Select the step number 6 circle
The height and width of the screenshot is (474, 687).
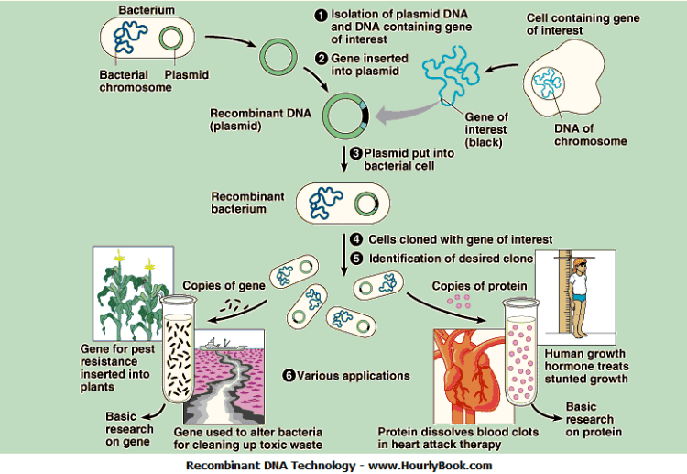[x=289, y=375]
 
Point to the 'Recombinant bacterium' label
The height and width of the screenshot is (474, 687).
[x=248, y=203]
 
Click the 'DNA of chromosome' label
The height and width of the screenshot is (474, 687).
[x=590, y=135]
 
